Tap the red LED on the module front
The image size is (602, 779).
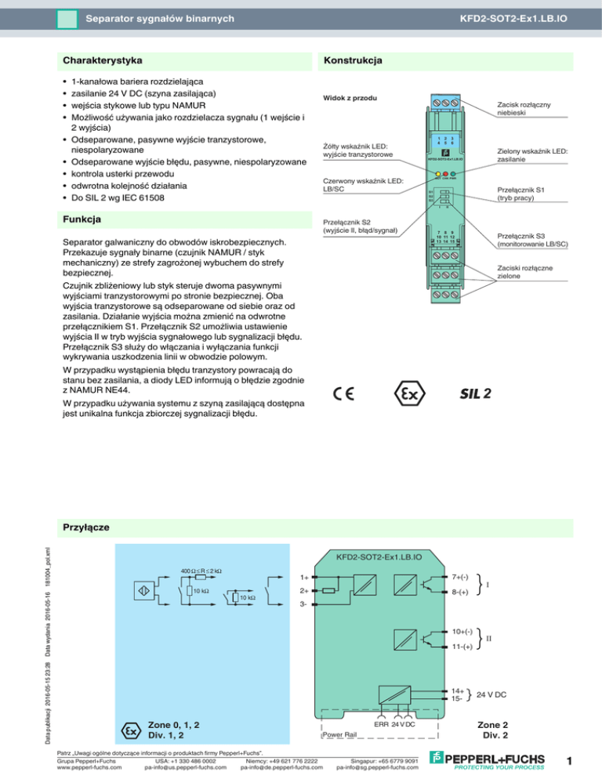(x=445, y=174)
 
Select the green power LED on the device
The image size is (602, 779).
(x=454, y=174)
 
